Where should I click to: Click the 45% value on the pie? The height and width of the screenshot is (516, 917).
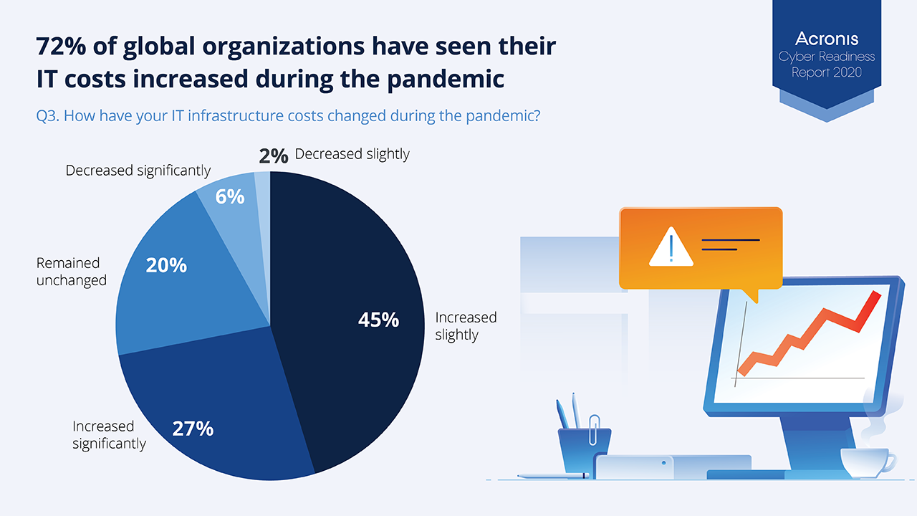click(378, 320)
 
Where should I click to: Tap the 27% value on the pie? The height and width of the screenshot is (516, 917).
click(193, 429)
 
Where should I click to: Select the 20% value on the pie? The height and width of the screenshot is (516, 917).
click(166, 265)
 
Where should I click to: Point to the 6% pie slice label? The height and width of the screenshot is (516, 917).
click(230, 196)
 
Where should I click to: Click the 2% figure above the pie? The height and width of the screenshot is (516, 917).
click(274, 156)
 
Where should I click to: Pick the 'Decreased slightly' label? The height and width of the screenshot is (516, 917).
click(352, 154)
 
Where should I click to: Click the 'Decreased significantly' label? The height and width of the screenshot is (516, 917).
click(138, 171)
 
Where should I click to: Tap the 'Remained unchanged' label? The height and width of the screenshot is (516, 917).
click(71, 272)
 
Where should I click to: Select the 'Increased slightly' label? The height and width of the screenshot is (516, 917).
click(466, 325)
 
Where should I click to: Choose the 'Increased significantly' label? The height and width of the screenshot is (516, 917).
click(109, 435)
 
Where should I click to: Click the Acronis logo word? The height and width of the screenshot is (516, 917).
click(827, 39)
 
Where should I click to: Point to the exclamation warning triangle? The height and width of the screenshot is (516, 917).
click(671, 247)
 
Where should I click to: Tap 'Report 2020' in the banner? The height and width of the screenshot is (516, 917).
click(827, 72)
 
